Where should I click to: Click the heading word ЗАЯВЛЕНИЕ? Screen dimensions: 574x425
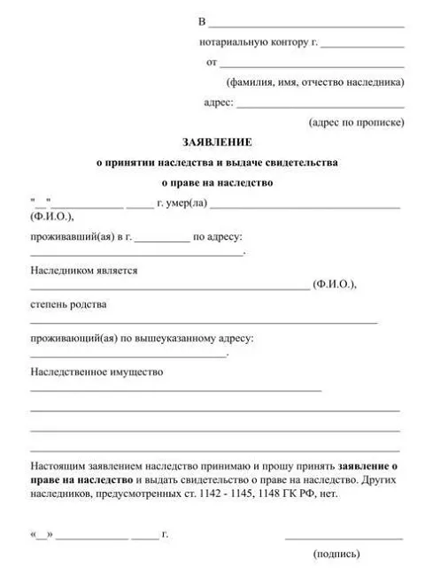click(x=217, y=141)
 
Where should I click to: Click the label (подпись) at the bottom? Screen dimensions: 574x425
click(x=336, y=555)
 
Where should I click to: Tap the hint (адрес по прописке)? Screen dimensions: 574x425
click(x=356, y=122)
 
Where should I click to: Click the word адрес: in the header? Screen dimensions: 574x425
click(x=219, y=103)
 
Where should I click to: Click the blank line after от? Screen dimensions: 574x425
click(x=312, y=65)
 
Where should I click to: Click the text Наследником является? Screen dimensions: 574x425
click(x=84, y=270)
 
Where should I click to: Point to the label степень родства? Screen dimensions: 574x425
click(x=69, y=304)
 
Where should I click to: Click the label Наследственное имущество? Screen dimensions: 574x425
click(x=97, y=372)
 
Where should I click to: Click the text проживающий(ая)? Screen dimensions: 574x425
click(x=72, y=339)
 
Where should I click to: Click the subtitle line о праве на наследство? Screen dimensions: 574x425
click(x=217, y=184)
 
